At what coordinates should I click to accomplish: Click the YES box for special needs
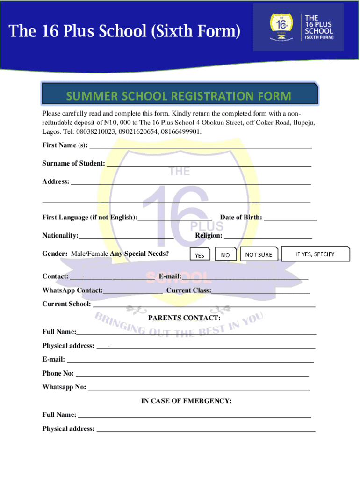[x=200, y=255]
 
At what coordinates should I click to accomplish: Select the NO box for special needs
[x=226, y=255]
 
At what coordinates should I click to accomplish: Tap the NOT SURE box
[x=259, y=254]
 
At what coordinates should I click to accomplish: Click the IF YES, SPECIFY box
[x=315, y=254]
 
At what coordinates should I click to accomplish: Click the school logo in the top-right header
[x=298, y=27]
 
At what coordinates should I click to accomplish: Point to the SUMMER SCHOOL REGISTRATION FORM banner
[x=180, y=96]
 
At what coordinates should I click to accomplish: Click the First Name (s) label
[x=65, y=145]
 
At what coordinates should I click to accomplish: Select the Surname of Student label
[x=73, y=163]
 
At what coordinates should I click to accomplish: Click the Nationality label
[x=60, y=236]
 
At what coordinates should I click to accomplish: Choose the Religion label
[x=209, y=236]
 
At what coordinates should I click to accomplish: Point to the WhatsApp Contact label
[x=72, y=290]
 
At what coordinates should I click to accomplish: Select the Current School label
[x=67, y=304]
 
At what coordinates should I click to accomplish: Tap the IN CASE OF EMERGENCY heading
[x=187, y=401]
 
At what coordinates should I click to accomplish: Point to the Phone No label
[x=58, y=373]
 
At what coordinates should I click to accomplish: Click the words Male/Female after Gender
[x=90, y=254]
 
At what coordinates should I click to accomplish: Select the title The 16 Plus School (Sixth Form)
[x=125, y=32]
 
